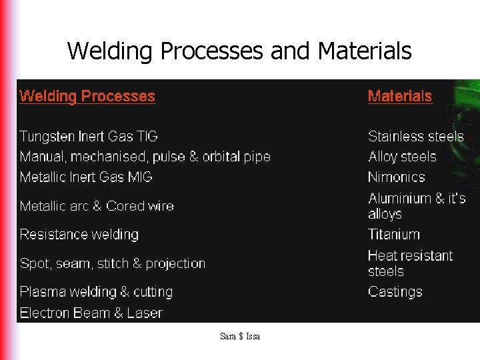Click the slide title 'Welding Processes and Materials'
tap(239, 51)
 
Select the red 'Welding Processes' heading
tap(87, 96)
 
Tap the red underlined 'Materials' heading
tap(399, 96)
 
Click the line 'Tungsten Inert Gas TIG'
tap(89, 137)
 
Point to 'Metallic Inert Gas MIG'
tap(86, 177)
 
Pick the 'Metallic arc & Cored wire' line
tap(97, 206)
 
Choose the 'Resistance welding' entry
tap(79, 235)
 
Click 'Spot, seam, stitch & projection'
tap(113, 263)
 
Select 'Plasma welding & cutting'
tap(96, 292)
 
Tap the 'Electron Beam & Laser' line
tap(91, 313)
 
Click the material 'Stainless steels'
tap(415, 137)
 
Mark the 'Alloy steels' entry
tap(402, 157)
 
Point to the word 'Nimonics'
tap(396, 177)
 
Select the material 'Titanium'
tap(394, 235)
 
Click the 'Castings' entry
tap(395, 292)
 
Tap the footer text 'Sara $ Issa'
tap(240, 337)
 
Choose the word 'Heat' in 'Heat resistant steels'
tap(383, 256)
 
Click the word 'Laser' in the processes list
tap(145, 313)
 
